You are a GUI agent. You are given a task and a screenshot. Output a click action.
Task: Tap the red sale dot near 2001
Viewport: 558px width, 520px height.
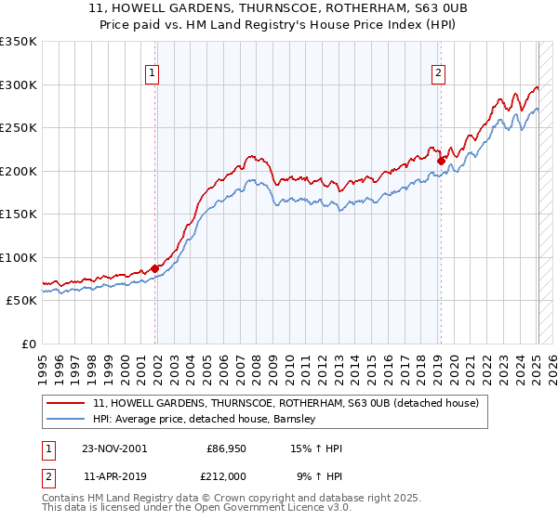(x=155, y=268)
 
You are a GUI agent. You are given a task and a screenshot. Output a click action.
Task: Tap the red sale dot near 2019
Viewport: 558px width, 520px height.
(x=442, y=161)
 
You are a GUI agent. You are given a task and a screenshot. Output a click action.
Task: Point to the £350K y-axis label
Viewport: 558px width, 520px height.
(x=19, y=42)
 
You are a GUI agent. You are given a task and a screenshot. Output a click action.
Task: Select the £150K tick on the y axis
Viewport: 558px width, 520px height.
(x=19, y=214)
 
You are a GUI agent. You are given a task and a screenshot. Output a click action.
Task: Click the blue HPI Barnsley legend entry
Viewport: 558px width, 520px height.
(x=205, y=420)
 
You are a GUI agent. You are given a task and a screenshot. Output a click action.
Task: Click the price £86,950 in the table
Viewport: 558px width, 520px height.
(x=223, y=448)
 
